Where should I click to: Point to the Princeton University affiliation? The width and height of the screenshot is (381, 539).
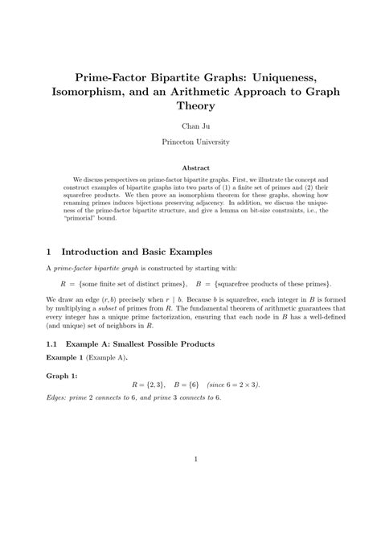coord(190,142)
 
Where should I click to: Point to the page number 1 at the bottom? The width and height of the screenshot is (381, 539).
coord(190,482)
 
